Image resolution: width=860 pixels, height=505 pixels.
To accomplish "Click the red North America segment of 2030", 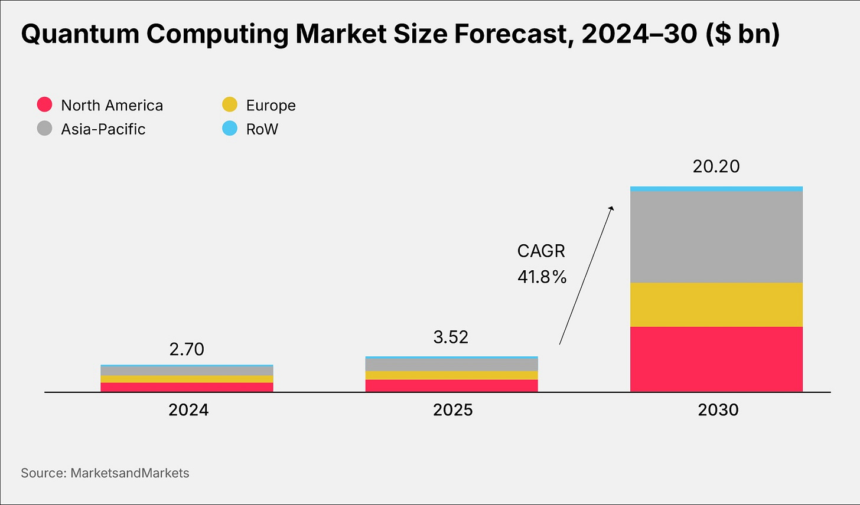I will tap(716, 359).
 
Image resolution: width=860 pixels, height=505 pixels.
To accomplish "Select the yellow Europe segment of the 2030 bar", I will tap(716, 304).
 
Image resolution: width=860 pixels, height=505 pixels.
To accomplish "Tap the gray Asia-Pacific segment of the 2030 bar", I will tap(716, 237).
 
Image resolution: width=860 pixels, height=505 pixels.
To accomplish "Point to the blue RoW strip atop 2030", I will tap(716, 189).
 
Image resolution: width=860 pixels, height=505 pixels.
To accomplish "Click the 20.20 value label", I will tap(716, 166).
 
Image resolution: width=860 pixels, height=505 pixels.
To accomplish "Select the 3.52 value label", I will tap(451, 337).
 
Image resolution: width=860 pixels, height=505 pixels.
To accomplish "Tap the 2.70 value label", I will tap(187, 349).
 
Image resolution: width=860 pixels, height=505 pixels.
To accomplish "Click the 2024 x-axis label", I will tap(188, 410).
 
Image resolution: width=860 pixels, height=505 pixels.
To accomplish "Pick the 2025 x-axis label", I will tap(452, 410).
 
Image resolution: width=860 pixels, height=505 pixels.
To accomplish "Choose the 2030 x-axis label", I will tap(718, 410).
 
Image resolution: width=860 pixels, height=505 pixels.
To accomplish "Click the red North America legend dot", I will tap(45, 105).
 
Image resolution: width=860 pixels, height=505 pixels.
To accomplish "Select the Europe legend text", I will tap(271, 106).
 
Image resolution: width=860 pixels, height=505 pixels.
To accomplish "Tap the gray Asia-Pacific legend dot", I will tap(45, 129).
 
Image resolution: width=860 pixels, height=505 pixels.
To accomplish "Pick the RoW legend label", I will tap(262, 129).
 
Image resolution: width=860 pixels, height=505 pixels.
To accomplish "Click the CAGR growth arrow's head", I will tap(613, 207).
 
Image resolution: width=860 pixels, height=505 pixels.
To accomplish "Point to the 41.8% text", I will tap(542, 277).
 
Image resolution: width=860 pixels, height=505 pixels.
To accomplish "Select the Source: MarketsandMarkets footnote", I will tap(105, 473).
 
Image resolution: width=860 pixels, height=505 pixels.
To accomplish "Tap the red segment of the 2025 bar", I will tap(451, 385).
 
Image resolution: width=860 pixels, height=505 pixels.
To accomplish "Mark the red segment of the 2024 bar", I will tap(187, 387).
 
